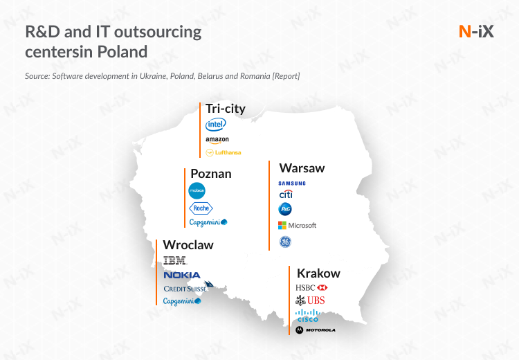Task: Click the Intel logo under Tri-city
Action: pos(216,125)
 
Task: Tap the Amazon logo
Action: pos(217,140)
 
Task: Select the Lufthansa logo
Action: pos(224,153)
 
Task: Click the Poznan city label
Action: pos(211,174)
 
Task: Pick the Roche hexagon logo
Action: pos(201,208)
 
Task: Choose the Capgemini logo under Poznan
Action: pos(208,222)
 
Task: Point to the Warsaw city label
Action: pos(302,168)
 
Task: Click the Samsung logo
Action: pos(292,183)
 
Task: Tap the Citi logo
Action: pos(286,194)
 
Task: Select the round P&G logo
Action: pos(285,209)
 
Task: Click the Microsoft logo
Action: pos(298,226)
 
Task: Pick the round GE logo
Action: pos(285,242)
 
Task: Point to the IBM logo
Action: pos(175,261)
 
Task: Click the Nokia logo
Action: pos(182,276)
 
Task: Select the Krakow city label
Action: pos(318,273)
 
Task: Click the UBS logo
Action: pos(310,300)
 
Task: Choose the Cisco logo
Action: pos(308,316)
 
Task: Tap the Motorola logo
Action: pos(316,330)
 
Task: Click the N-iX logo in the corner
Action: pos(476,31)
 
